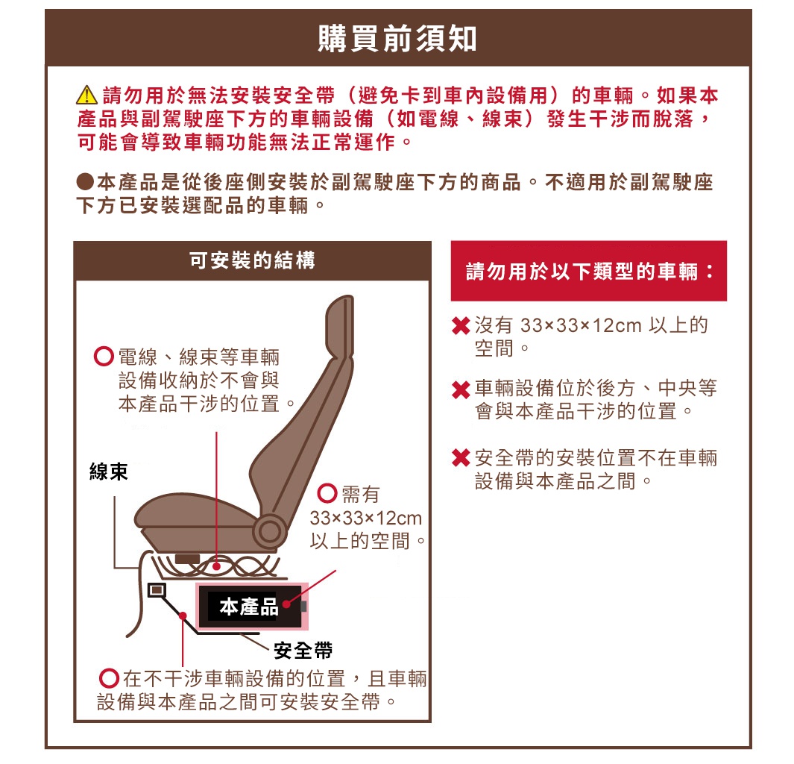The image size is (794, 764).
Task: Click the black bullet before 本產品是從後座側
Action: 85,182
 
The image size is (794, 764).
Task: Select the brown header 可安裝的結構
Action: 252,260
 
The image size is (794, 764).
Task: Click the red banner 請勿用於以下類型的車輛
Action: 588,271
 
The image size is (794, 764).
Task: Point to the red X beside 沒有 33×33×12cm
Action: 461,327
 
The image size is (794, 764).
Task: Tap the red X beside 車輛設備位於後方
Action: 461,390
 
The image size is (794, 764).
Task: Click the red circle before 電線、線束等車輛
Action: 104,357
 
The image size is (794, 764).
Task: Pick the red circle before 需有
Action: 327,494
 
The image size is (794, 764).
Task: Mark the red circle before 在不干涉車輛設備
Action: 110,679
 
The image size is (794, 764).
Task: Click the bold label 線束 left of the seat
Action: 109,471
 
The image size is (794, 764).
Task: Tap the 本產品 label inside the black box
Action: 248,607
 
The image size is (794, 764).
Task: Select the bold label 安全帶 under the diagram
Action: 303,651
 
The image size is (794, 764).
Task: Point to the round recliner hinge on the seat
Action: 267,530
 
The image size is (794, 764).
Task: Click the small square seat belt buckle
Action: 157,590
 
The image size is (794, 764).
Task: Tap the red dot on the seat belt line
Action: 183,616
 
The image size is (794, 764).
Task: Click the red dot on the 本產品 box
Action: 286,607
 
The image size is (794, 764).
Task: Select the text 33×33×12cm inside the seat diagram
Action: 366,518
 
